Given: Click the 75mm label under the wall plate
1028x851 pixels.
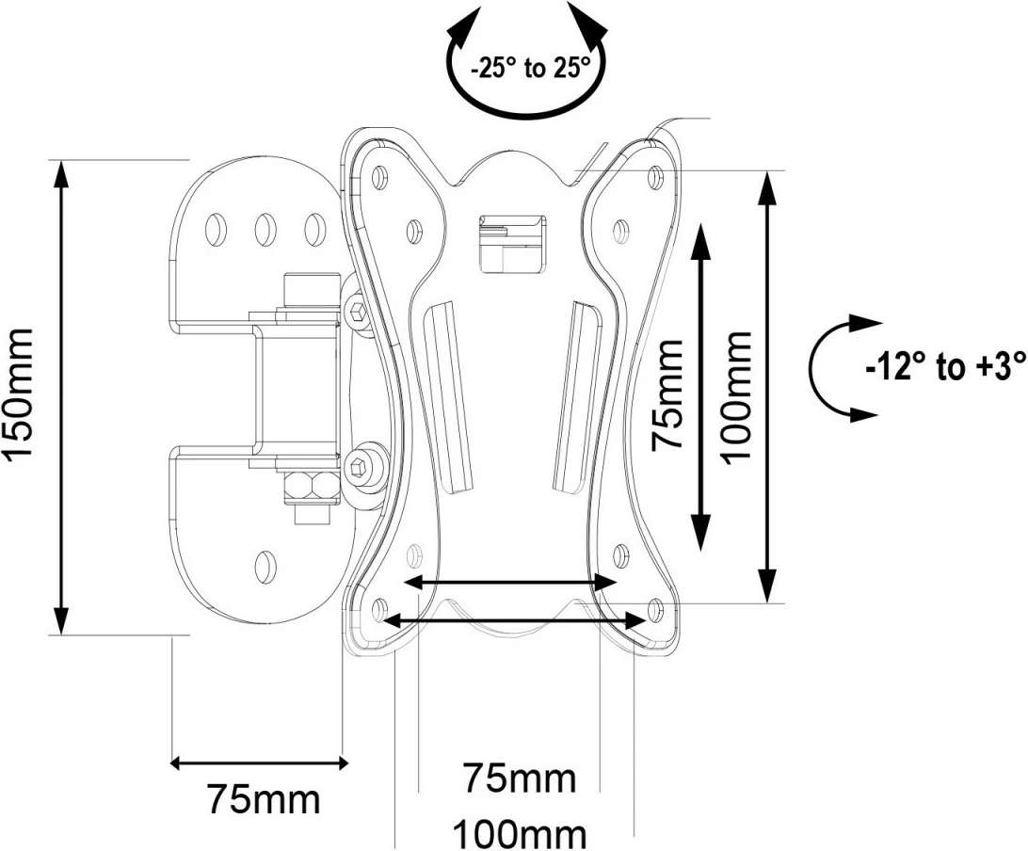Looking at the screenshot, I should (x=264, y=799).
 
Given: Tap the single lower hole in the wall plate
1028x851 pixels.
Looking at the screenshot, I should (x=265, y=565).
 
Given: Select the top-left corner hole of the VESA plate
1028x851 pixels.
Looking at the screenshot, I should (x=379, y=176).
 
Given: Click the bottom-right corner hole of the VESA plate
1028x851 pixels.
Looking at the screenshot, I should (x=655, y=609).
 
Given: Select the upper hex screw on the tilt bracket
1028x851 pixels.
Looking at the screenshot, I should (x=359, y=310).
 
